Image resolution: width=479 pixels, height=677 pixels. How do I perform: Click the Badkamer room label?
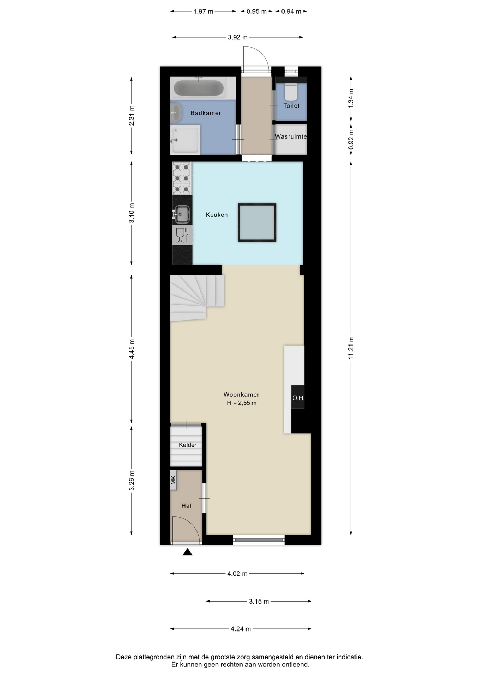pyautogui.click(x=206, y=113)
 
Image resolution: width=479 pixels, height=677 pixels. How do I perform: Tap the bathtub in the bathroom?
pyautogui.click(x=199, y=88)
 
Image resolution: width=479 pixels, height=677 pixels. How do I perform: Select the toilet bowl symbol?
pyautogui.click(x=291, y=92)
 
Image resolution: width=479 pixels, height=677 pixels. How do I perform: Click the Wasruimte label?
pyautogui.click(x=291, y=137)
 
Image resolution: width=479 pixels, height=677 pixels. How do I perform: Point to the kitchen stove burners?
pyautogui.click(x=182, y=178)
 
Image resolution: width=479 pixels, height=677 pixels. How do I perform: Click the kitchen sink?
pyautogui.click(x=182, y=214)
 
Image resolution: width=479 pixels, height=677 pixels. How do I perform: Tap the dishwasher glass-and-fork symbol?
pyautogui.click(x=182, y=235)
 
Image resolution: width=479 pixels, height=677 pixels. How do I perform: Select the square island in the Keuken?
pyautogui.click(x=257, y=222)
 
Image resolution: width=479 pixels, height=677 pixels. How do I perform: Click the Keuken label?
pyautogui.click(x=217, y=215)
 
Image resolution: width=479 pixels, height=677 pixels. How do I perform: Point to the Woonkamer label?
pyautogui.click(x=241, y=395)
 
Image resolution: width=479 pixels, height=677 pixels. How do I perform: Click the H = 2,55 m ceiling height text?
pyautogui.click(x=242, y=403)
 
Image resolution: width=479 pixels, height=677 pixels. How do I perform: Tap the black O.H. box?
pyautogui.click(x=298, y=397)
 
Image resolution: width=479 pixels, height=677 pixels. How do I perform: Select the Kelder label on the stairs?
pyautogui.click(x=187, y=445)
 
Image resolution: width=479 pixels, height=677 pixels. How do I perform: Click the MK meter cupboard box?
pyautogui.click(x=173, y=480)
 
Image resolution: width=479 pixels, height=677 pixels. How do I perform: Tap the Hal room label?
pyautogui.click(x=186, y=506)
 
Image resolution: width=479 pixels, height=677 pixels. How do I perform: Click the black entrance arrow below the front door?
pyautogui.click(x=187, y=552)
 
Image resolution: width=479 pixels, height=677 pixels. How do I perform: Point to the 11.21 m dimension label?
pyautogui.click(x=351, y=348)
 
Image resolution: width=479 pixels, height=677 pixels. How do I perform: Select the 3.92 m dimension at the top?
pyautogui.click(x=237, y=37)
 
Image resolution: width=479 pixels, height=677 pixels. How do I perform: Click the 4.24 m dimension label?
pyautogui.click(x=241, y=629)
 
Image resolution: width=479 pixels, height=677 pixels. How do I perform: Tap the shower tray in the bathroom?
pyautogui.click(x=185, y=140)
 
